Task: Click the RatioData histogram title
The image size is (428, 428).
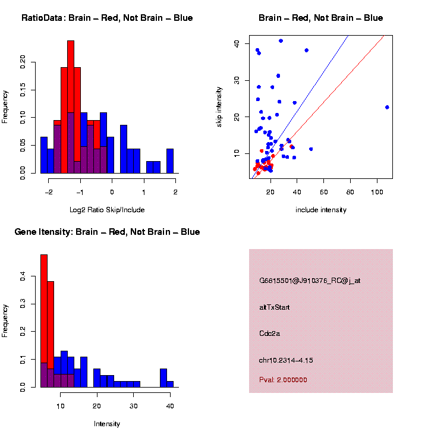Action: tap(107, 18)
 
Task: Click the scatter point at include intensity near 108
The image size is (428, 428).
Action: tap(387, 107)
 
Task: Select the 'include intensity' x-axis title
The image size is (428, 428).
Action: tap(320, 210)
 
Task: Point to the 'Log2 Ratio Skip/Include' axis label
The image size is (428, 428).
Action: tap(107, 210)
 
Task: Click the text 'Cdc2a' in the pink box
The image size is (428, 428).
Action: tap(269, 333)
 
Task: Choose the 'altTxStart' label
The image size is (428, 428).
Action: tap(274, 307)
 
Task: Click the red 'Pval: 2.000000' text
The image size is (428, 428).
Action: tap(283, 380)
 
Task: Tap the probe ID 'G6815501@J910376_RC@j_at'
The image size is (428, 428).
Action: tap(310, 281)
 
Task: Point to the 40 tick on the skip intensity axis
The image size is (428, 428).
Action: tap(236, 43)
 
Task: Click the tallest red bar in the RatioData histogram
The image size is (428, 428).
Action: tap(71, 107)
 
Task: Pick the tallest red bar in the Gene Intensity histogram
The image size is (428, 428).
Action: tap(44, 321)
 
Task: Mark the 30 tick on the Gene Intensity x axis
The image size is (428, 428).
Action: tap(133, 406)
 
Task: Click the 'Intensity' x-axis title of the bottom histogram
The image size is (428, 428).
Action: tap(107, 424)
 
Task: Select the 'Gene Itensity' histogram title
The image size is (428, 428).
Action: tap(107, 232)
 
